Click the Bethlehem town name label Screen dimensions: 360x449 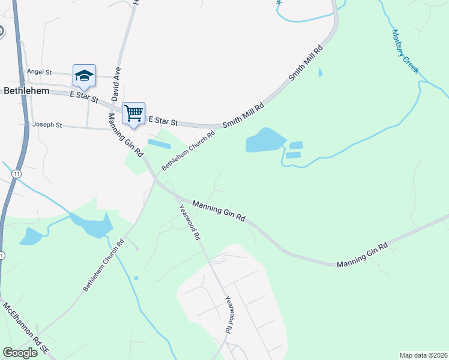(26, 91)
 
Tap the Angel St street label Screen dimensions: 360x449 (39, 72)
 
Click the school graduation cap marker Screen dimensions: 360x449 (85, 76)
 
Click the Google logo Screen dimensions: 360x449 (20, 353)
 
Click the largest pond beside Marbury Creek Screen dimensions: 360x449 (264, 140)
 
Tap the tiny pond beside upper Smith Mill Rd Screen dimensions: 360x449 (320, 73)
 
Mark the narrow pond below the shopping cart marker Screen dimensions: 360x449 (158, 144)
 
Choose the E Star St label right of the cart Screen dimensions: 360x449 (163, 121)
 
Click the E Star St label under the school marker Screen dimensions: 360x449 (83, 95)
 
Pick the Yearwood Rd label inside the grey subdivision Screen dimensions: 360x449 (229, 314)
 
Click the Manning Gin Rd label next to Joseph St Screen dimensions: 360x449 (125, 135)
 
